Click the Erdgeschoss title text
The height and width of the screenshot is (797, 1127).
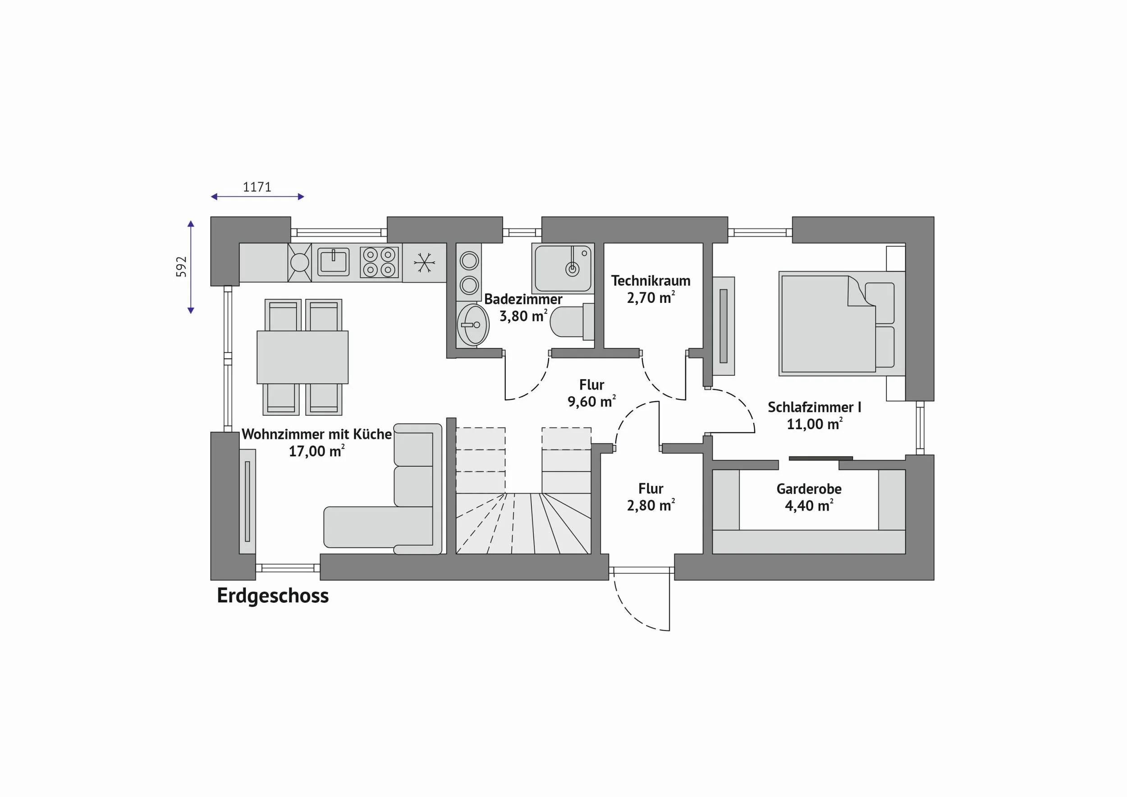coord(273,596)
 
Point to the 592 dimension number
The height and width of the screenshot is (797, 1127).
coord(182,266)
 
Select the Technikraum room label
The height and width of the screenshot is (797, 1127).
coord(651,281)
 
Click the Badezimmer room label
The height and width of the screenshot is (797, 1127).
coord(523,299)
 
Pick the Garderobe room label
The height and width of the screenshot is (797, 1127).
coord(809,489)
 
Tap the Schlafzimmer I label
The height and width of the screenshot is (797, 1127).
coord(814,408)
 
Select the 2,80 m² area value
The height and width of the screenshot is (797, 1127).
coord(651,505)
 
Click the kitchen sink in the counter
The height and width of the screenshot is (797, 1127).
coord(333,261)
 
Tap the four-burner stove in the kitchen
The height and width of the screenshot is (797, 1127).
coord(379,262)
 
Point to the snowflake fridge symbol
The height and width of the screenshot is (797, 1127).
coord(424,262)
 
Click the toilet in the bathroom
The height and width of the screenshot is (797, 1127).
coord(572,321)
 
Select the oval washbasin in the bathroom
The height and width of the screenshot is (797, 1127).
coord(473,325)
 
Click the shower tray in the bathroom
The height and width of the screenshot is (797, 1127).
coord(563,269)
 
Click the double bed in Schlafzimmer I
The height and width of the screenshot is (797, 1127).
coord(842,323)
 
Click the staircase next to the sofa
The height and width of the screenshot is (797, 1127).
coord(524,491)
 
